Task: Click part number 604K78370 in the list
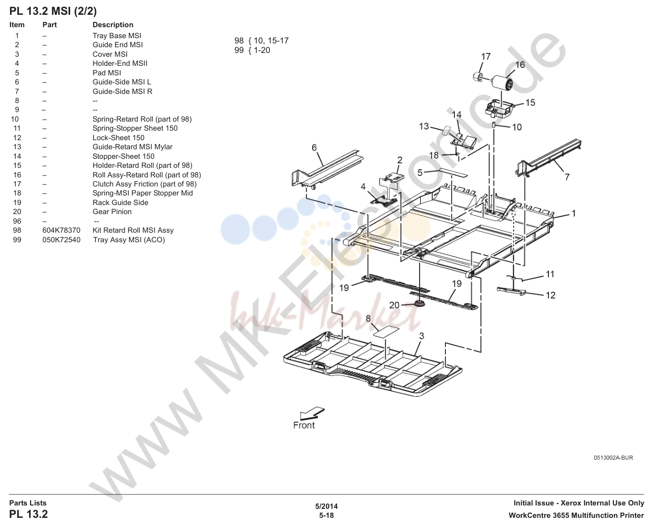point(61,230)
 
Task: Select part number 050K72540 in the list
point(61,240)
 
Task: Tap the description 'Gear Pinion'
point(112,212)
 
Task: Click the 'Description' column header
point(113,24)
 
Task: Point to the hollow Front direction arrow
point(312,413)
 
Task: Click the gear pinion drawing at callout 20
point(419,303)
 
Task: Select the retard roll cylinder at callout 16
point(502,82)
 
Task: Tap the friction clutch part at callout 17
point(478,76)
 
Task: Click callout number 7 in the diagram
point(567,177)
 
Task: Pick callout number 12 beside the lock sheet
point(550,295)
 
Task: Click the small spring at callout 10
point(494,125)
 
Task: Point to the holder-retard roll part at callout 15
point(499,109)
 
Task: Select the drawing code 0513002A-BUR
point(613,458)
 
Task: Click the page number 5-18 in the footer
point(326,515)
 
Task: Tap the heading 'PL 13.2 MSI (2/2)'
point(53,11)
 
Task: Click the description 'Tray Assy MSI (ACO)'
point(129,240)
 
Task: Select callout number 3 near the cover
point(421,336)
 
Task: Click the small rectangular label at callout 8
point(386,331)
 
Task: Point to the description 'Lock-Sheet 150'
point(118,138)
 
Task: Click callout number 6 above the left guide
point(314,148)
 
